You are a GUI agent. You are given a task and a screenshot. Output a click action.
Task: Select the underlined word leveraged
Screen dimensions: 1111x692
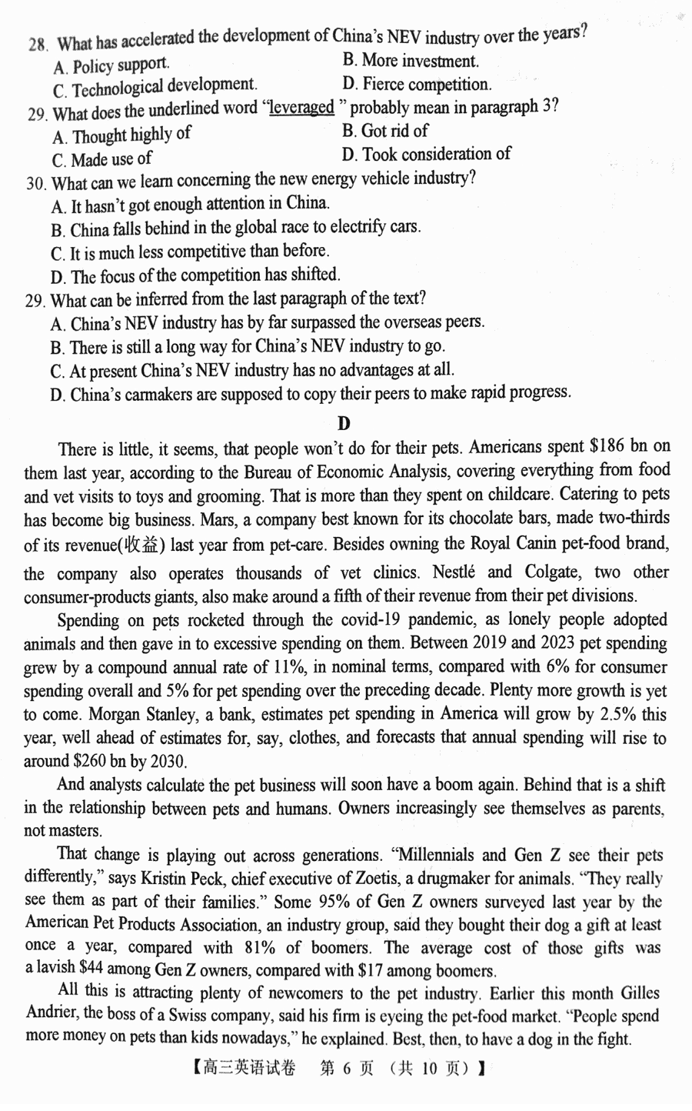pyautogui.click(x=301, y=108)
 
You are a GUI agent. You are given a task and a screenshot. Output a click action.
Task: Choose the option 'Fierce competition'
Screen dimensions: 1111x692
pyautogui.click(x=426, y=84)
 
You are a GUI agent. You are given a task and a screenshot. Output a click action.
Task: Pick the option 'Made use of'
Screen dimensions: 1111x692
pyautogui.click(x=111, y=160)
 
